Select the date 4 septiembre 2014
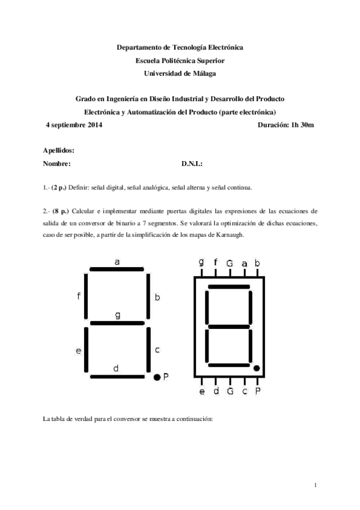click(x=74, y=125)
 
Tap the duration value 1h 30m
click(x=302, y=125)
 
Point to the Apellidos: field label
click(x=59, y=151)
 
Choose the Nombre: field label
click(x=57, y=164)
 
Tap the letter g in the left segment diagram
click(x=117, y=315)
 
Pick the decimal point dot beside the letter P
click(x=156, y=377)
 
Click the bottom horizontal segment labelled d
click(x=118, y=376)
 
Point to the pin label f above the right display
click(x=215, y=262)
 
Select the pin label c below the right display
click(x=244, y=392)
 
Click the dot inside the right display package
click(x=256, y=367)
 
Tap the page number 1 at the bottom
click(x=315, y=485)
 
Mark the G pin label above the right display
click(x=230, y=263)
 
